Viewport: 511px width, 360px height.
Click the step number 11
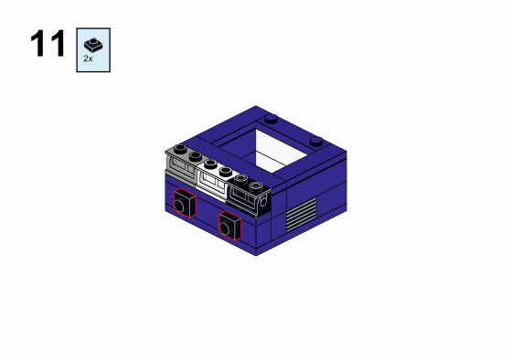[x=48, y=44]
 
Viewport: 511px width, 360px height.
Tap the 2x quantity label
[x=88, y=58]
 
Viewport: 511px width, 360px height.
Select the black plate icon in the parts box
[x=93, y=46]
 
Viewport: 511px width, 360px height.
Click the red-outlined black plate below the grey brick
[x=185, y=203]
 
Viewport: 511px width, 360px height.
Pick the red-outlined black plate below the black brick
[x=229, y=226]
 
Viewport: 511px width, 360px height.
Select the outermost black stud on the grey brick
[x=180, y=149]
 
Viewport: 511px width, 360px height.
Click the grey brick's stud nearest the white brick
[x=196, y=156]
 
